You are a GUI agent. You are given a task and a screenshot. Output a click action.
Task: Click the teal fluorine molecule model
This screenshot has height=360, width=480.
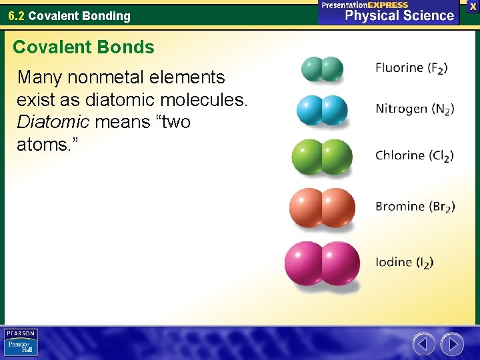[323, 69]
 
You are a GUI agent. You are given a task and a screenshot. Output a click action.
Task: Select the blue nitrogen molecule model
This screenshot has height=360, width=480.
[322, 110]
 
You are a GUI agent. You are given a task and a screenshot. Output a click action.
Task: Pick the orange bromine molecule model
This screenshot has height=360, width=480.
[322, 207]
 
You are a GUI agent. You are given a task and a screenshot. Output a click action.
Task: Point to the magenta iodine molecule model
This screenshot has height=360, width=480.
[322, 263]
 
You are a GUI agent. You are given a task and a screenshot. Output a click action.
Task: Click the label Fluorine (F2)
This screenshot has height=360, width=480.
[411, 68]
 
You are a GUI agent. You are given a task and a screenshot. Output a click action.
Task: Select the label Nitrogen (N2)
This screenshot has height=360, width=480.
[415, 109]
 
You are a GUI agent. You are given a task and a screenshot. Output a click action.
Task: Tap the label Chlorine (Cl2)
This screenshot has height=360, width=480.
[414, 156]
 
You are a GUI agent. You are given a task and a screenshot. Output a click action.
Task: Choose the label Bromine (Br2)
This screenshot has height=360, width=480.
[415, 207]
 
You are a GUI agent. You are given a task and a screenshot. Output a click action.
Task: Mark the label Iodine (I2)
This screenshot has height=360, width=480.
[404, 263]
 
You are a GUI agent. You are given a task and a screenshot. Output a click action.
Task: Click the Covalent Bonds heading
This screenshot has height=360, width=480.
[83, 47]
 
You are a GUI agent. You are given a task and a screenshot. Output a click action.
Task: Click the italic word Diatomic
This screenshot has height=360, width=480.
[53, 122]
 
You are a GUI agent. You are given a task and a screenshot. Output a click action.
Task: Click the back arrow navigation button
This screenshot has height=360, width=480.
[423, 344]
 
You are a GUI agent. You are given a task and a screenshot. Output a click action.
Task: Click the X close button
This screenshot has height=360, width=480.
[473, 5]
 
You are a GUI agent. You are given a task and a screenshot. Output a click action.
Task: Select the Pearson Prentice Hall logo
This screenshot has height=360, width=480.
[21, 343]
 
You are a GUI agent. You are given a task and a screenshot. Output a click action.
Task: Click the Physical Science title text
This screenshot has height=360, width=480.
[399, 15]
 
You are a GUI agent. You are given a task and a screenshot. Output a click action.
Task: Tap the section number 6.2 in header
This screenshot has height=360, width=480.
[17, 15]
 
